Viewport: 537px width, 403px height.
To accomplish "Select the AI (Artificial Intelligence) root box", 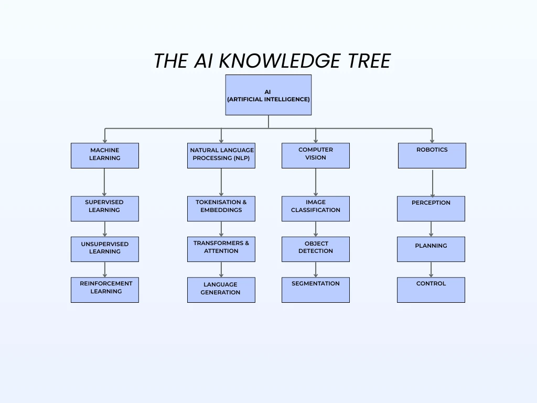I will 268,95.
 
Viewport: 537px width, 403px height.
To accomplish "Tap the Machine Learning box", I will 105,155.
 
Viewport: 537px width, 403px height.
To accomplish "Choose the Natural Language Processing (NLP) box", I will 221,155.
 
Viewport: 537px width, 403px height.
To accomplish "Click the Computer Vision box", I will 316,155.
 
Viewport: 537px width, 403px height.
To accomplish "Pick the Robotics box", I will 432,155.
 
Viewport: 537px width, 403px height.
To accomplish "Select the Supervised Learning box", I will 105,208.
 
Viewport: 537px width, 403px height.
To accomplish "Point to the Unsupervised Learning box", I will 105,249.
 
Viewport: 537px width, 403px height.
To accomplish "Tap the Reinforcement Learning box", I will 105,290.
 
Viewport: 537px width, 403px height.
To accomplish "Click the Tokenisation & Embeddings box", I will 221,208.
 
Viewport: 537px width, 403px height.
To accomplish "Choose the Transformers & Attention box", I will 221,249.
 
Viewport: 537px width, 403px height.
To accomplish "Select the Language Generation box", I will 221,290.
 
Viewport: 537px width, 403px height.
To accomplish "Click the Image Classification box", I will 316,208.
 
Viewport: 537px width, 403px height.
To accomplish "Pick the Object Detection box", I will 316,249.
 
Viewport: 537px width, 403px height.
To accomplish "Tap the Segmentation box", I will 316,290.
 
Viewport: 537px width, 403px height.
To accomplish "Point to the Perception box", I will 431,208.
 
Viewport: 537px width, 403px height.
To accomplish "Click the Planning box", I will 431,249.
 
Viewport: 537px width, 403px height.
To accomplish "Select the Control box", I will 431,290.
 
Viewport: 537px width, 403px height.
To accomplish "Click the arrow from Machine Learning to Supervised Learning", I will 105,182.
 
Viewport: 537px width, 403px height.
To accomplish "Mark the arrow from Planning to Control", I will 431,269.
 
